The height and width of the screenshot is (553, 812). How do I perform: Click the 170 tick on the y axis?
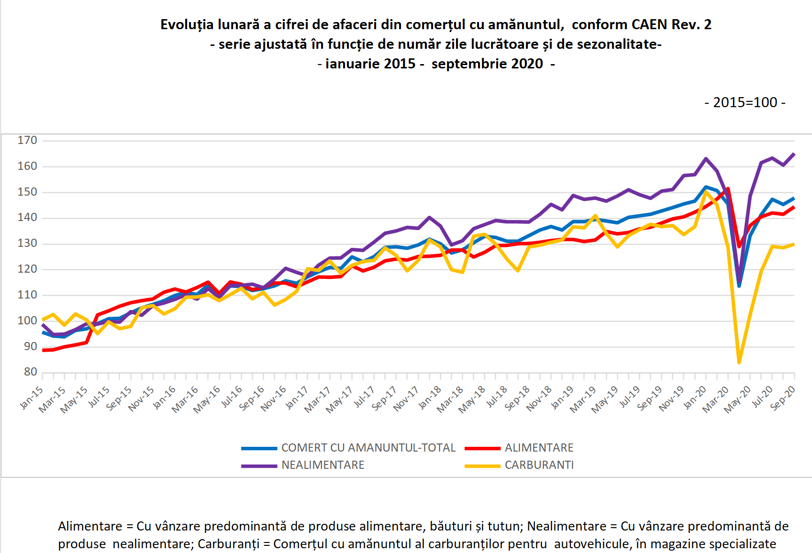click(27, 141)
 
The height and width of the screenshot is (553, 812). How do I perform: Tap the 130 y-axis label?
click(27, 243)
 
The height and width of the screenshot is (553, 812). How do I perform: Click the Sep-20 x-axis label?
click(783, 398)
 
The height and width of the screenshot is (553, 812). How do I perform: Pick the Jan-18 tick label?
click(430, 398)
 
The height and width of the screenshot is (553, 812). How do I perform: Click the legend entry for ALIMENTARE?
click(539, 448)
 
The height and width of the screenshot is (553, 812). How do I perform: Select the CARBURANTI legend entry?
click(539, 465)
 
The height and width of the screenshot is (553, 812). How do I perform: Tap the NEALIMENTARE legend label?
click(323, 465)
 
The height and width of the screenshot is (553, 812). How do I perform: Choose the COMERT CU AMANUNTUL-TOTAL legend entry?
click(368, 448)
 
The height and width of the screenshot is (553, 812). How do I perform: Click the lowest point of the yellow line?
click(739, 363)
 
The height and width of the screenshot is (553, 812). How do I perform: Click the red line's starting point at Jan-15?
click(43, 350)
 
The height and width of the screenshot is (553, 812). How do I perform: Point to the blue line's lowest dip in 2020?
click(739, 286)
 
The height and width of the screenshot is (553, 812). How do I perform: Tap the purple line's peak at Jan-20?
click(706, 158)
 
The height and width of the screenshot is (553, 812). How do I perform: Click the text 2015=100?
click(745, 102)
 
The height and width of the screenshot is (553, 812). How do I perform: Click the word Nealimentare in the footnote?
click(567, 526)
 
